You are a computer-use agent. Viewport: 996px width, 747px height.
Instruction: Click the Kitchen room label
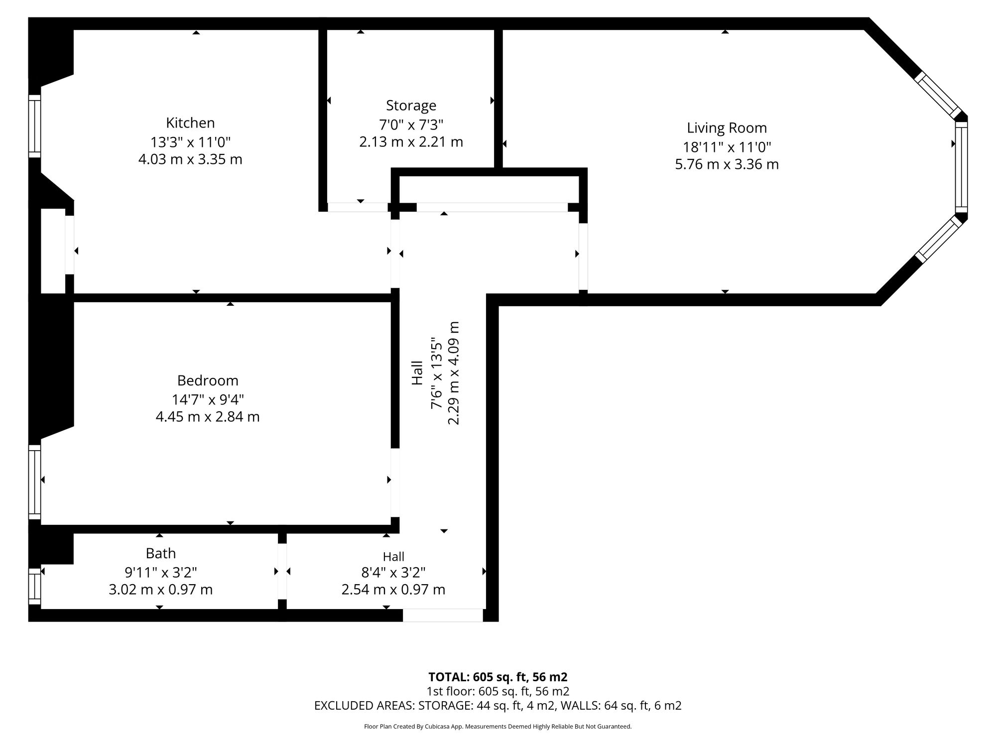[190, 123]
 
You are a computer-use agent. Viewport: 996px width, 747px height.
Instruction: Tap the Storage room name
[411, 106]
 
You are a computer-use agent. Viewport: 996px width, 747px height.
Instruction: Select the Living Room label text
[727, 128]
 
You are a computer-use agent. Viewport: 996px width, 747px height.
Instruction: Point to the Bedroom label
[208, 380]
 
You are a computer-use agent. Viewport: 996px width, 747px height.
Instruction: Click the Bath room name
[161, 553]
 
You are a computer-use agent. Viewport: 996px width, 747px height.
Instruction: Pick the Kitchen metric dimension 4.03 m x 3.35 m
[190, 159]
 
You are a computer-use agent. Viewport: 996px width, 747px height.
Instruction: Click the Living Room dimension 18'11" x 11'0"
[727, 147]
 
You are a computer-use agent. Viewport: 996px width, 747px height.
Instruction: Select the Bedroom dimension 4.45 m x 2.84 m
[208, 417]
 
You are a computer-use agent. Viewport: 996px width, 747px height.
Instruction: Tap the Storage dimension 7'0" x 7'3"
[411, 124]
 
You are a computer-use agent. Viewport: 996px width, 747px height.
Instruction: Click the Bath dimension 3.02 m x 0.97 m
[161, 590]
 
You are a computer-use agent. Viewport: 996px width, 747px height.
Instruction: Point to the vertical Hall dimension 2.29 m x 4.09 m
[454, 373]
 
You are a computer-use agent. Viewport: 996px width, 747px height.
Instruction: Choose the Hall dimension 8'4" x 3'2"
[393, 573]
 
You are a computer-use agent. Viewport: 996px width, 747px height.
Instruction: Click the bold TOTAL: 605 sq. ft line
[498, 677]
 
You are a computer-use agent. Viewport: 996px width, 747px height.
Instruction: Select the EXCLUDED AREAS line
[498, 706]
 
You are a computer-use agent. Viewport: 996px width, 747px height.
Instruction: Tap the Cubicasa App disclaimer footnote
[498, 727]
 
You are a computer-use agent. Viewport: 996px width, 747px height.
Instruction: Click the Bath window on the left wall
[34, 586]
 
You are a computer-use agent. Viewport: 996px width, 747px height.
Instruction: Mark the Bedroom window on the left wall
[34, 482]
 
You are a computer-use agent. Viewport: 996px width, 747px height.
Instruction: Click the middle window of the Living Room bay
[961, 167]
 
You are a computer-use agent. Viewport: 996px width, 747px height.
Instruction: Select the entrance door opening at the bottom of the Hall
[443, 615]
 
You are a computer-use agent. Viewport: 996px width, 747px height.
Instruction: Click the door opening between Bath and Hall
[282, 571]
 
